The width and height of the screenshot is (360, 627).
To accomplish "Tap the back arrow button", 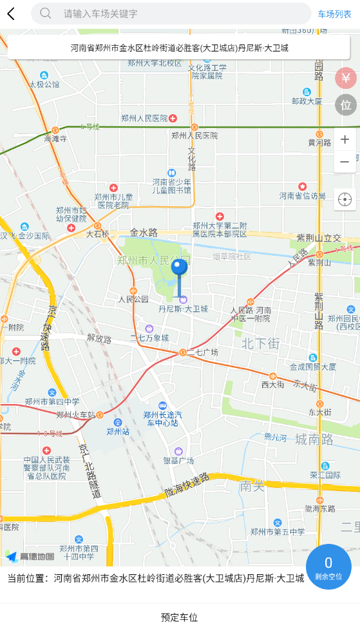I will pyautogui.click(x=11, y=14).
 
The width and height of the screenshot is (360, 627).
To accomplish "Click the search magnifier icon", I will pyautogui.click(x=46, y=14).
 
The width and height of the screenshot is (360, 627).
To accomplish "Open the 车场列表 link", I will pyautogui.click(x=334, y=14).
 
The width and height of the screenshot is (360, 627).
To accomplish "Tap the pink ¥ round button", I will pyautogui.click(x=346, y=79).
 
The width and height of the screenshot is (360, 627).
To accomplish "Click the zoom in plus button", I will pyautogui.click(x=345, y=140).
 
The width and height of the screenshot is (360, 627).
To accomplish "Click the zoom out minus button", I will pyautogui.click(x=345, y=162).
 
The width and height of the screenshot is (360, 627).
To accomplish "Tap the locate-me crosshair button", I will pyautogui.click(x=345, y=200).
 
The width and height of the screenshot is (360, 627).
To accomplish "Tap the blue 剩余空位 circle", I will pyautogui.click(x=328, y=566).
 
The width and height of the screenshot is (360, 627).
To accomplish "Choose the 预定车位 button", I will pyautogui.click(x=180, y=617).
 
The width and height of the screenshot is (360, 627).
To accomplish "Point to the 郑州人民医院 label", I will pyautogui.click(x=144, y=118).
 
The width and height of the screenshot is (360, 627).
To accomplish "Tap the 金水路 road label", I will pyautogui.click(x=144, y=232).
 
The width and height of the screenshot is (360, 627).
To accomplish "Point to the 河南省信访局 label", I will pyautogui.click(x=302, y=196).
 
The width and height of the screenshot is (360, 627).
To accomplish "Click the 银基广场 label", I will pyautogui.click(x=178, y=461).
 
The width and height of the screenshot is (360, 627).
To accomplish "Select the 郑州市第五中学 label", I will pyautogui.click(x=278, y=532).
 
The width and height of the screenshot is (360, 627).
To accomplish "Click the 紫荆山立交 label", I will pyautogui.click(x=319, y=238).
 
